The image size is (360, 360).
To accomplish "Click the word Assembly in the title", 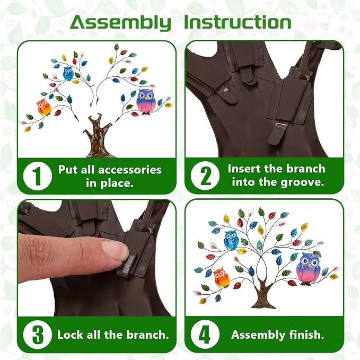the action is pos(120,23).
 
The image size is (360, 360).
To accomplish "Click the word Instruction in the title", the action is pos(238,22).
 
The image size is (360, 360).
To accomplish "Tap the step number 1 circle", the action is pos(38,176).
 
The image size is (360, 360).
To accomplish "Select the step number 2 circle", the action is pos(205,176).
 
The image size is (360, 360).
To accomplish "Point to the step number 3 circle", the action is pos(38,335).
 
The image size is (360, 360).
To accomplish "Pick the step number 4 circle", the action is pos(205,334).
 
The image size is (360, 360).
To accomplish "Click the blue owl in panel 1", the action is pos(68,74).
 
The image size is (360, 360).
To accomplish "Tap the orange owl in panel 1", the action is pos(44,107).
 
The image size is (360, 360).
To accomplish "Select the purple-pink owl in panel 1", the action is pos(145,102).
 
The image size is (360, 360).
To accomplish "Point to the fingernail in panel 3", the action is pos(115,251).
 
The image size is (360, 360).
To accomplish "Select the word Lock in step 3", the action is pos(71,335).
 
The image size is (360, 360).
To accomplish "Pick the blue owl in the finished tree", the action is pos(231,240).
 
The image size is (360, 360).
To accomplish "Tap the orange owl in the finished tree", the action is pos(222,278).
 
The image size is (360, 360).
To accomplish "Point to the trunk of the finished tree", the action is pos(264,293).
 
